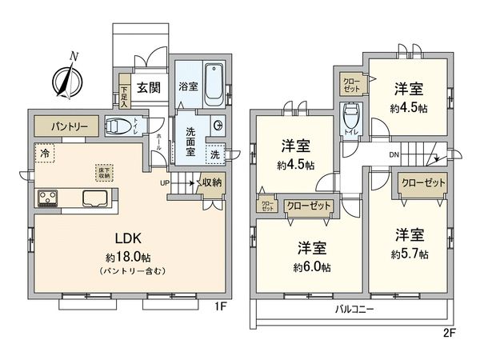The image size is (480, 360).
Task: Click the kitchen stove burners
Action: [x=46, y=198]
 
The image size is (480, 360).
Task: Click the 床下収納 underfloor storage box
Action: [x=106, y=171]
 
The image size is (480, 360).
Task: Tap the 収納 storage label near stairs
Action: [x=211, y=183]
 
